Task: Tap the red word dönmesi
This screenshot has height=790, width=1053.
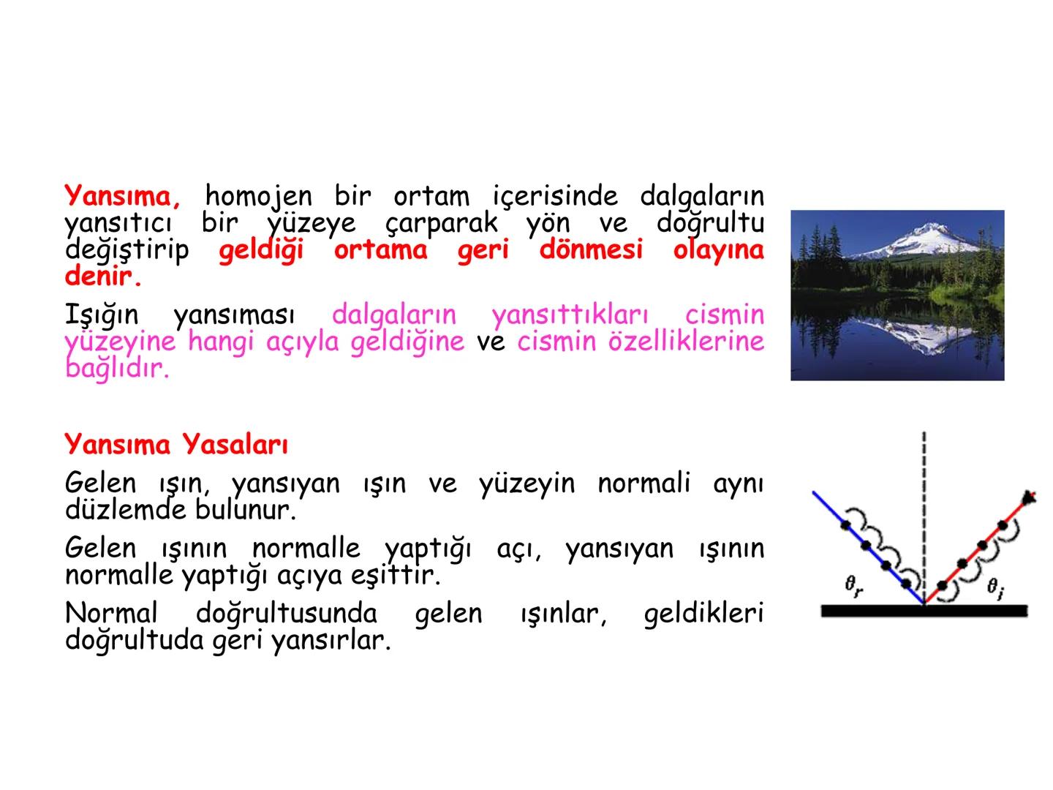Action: coord(591,250)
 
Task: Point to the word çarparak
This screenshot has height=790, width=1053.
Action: coord(441,223)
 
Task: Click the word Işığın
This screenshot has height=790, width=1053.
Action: coord(102,315)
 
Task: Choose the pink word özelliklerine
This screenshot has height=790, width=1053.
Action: coord(686,342)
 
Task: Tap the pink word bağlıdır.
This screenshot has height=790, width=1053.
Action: coord(116,368)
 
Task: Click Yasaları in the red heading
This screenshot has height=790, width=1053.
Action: coord(235,444)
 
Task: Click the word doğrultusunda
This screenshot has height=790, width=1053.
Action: coord(287,614)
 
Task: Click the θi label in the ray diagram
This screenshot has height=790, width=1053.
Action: coord(995,587)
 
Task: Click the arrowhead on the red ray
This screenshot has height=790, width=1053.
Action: coord(1029,497)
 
